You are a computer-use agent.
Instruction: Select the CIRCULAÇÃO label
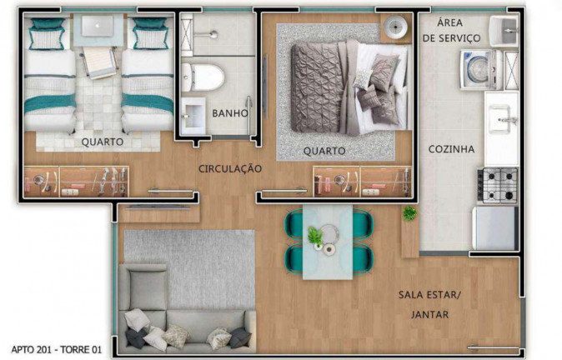coord(230,168)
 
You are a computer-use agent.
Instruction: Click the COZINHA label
coord(451,149)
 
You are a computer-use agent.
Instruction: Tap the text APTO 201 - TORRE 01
coord(57,350)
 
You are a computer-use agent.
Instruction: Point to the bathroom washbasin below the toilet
coord(193,113)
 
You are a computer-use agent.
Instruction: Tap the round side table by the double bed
coord(394,30)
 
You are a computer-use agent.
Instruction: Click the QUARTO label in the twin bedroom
coord(102,142)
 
